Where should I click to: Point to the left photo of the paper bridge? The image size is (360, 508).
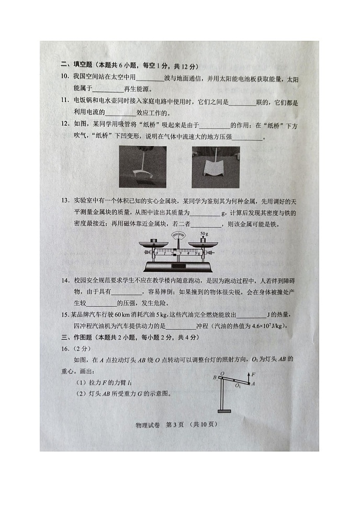(142, 167)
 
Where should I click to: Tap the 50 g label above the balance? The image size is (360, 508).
(204, 233)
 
